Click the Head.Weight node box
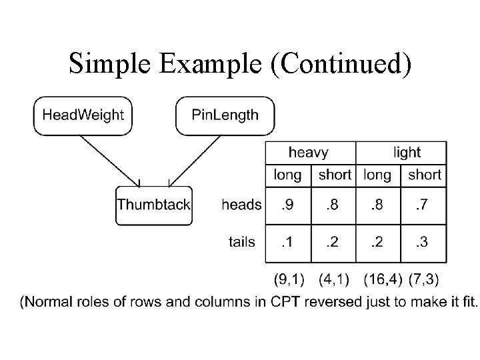pos(83,115)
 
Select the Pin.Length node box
pos(225,115)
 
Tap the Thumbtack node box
pos(153,205)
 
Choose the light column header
pos(407,153)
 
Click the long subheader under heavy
pos(287,175)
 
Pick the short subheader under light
pos(424,175)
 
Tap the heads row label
pos(241,205)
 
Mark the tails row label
pos(241,241)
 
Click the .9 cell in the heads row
pos(287,205)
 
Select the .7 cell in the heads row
pos(423,205)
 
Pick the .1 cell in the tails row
pos(287,241)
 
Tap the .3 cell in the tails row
pos(423,241)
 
